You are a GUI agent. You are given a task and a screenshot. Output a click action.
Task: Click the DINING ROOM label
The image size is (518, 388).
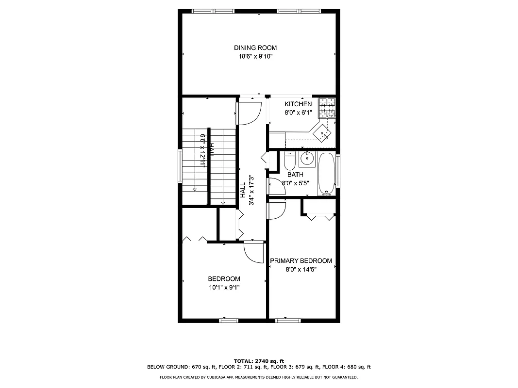(x=255, y=48)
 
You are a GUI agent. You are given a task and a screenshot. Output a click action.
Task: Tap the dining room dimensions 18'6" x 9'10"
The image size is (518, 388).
(x=255, y=56)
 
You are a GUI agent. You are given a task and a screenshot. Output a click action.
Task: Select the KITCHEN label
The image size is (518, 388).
(x=298, y=104)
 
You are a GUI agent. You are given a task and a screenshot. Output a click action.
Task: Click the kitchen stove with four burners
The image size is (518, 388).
(x=327, y=108)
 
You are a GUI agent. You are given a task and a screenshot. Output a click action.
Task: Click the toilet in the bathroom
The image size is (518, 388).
(x=289, y=160)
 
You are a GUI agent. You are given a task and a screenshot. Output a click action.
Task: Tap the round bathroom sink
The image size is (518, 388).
(x=307, y=159)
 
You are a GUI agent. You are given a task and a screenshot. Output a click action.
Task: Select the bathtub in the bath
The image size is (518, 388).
(x=327, y=174)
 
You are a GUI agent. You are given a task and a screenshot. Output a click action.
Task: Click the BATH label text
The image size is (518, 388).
(x=295, y=175)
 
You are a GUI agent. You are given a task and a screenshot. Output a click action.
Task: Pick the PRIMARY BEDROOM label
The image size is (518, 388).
(x=301, y=261)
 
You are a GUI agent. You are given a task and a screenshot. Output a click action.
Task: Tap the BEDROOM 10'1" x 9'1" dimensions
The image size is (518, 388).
(x=224, y=287)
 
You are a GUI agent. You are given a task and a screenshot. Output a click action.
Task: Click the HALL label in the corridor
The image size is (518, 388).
(x=243, y=190)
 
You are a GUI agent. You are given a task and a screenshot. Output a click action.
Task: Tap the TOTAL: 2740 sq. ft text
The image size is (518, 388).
(x=259, y=361)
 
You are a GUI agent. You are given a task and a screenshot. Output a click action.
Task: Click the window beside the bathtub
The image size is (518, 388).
(x=338, y=171)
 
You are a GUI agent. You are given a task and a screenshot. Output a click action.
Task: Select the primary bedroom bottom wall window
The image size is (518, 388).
(x=288, y=320)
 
